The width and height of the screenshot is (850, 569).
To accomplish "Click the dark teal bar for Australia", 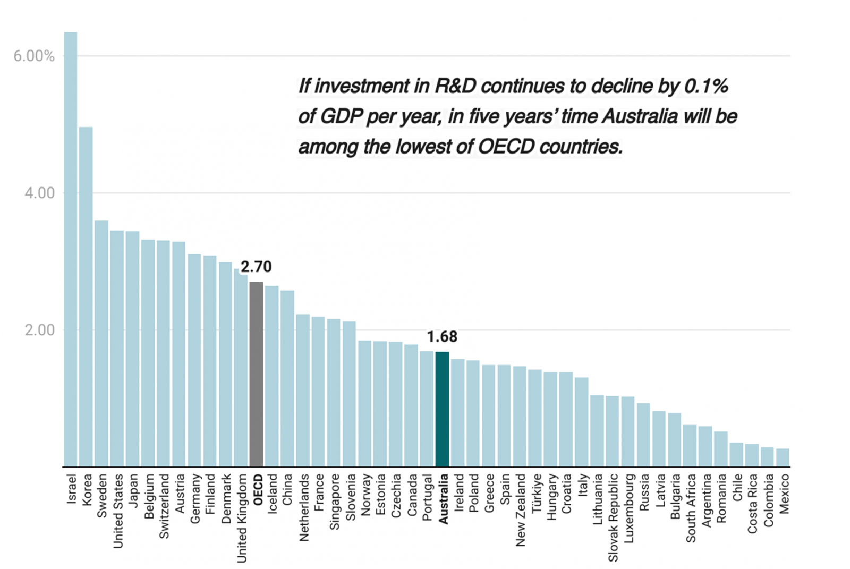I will coord(442,409).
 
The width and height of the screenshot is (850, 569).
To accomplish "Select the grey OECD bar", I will coord(256,375).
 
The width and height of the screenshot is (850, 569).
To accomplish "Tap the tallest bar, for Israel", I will coord(71,250).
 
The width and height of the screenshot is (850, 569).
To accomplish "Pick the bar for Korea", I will coord(86,298).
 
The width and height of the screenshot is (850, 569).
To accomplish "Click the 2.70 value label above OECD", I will coord(256,267).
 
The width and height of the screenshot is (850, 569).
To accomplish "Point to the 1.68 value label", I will coord(442,337).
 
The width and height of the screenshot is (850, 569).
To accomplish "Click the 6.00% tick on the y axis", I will coord(34,56).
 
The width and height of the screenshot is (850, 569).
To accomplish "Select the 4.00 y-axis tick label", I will coord(39,193).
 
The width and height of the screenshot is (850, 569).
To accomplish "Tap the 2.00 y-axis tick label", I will coord(39,330).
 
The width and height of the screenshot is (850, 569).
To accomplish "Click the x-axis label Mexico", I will coord(784,494).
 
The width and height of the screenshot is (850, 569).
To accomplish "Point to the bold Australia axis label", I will coord(443,499).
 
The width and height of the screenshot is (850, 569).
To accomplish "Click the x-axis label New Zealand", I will coord(520,510).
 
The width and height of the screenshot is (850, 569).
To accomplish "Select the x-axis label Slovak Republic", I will coord(613,518).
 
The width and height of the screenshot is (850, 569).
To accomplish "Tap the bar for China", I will coord(287,378).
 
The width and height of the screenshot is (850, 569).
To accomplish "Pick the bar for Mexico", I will coord(783,458).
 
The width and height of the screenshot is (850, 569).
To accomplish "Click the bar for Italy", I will coord(582,422).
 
